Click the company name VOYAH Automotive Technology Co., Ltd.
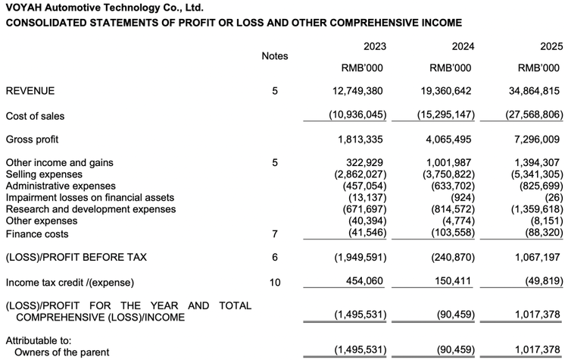click(x=104, y=8)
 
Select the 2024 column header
click(x=463, y=46)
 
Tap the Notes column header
click(x=274, y=56)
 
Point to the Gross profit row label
click(x=32, y=139)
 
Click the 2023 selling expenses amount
click(x=360, y=174)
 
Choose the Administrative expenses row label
click(x=61, y=186)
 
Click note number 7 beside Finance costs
click(x=275, y=234)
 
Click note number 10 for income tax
click(x=275, y=283)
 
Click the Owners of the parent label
click(x=61, y=352)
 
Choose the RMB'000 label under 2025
click(x=539, y=68)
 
